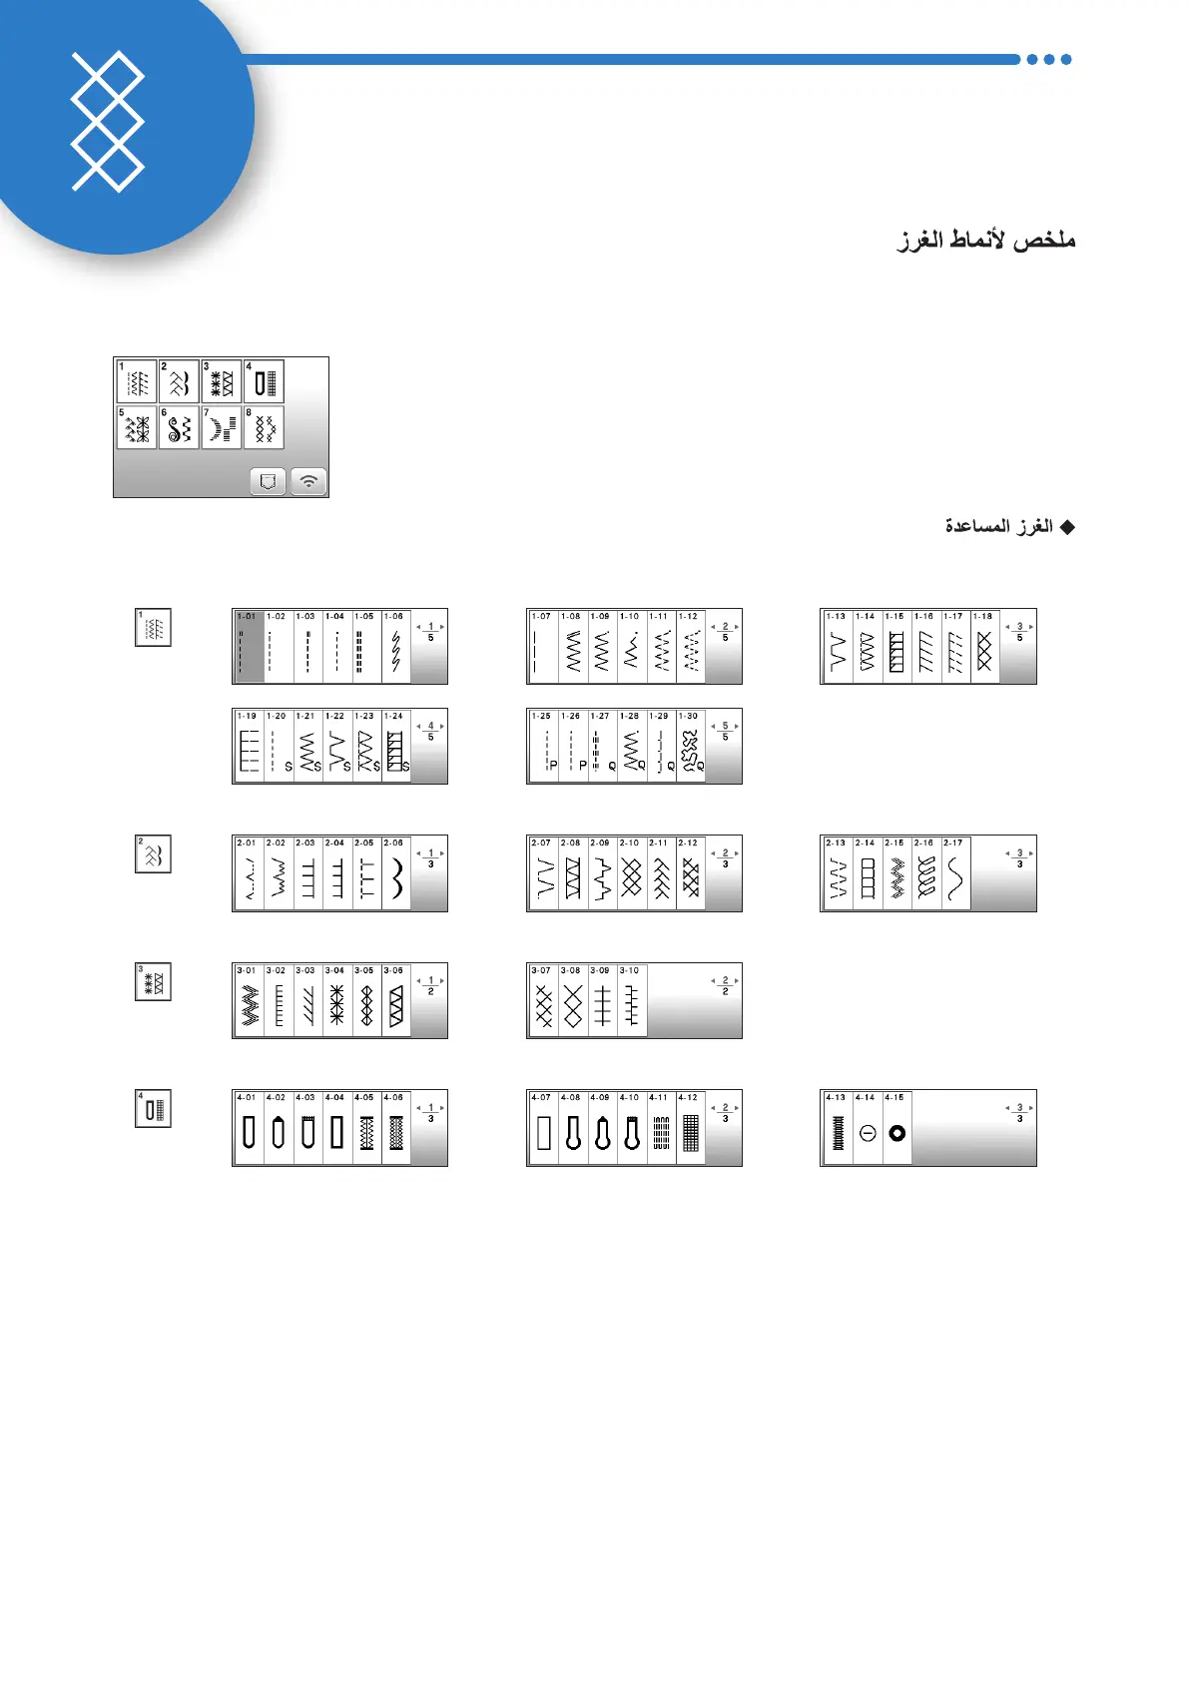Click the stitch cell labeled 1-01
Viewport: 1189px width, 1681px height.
(249, 647)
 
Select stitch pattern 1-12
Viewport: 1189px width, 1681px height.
(691, 647)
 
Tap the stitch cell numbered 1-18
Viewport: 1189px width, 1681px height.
(984, 647)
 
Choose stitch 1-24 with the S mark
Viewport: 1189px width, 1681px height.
(396, 747)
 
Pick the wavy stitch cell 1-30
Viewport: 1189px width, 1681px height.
(691, 747)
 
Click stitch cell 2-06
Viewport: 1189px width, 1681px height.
(396, 873)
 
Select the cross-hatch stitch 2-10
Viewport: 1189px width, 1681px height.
(632, 873)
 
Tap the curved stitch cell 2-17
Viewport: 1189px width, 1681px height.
(955, 873)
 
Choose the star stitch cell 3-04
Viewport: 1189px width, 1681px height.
(337, 1001)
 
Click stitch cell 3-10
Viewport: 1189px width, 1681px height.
(632, 1001)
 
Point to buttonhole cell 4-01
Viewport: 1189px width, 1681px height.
(249, 1128)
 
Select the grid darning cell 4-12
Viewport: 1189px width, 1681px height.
(691, 1128)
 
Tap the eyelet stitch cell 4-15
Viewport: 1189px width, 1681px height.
(896, 1128)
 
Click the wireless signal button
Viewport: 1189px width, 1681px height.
(309, 481)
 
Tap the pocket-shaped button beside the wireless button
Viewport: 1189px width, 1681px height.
(268, 481)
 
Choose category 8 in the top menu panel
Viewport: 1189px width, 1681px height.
(264, 427)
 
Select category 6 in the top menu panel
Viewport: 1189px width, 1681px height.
(179, 427)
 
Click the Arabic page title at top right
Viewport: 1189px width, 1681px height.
(986, 241)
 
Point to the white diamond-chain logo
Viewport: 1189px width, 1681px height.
(108, 122)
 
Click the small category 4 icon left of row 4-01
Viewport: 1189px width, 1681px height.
(153, 1108)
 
